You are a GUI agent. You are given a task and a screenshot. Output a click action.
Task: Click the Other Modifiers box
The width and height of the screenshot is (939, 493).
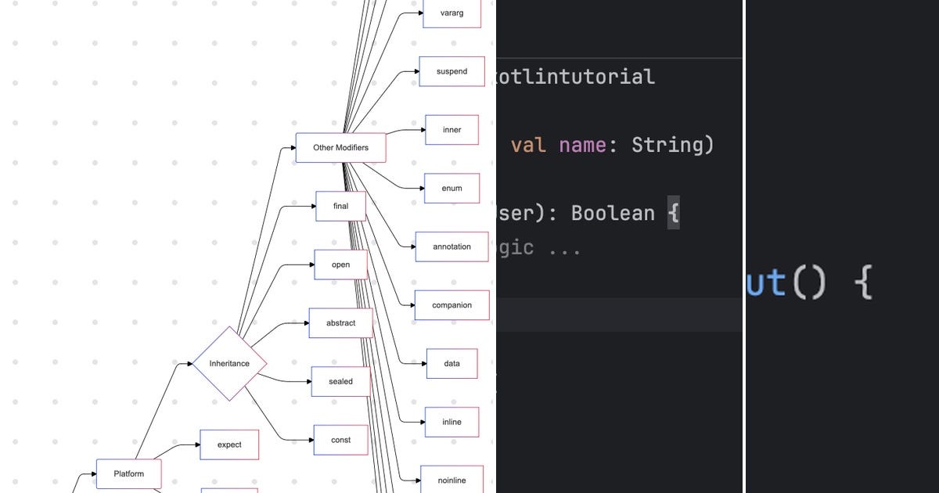point(340,147)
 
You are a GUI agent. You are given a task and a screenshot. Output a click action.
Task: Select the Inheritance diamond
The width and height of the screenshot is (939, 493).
point(229,364)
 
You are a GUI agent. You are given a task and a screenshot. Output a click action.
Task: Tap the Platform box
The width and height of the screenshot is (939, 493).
point(129,473)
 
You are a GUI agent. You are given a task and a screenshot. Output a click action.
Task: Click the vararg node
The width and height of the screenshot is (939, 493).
point(452,13)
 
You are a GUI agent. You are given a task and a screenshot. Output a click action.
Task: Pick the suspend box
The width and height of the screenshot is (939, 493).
point(452,71)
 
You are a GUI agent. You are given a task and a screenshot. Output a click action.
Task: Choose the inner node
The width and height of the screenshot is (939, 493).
point(452,130)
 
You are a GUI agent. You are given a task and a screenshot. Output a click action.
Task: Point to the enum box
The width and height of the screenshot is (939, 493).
point(452,188)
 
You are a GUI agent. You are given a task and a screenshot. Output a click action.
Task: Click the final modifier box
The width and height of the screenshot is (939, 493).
point(340,206)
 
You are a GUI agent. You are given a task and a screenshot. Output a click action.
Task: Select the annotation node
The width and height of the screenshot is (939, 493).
point(452,246)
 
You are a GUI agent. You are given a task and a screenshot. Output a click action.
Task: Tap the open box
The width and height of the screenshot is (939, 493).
point(340,264)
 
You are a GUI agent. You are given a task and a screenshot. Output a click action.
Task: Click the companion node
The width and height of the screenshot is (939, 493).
point(452,305)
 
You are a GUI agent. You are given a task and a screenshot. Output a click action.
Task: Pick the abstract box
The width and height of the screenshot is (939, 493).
point(340,323)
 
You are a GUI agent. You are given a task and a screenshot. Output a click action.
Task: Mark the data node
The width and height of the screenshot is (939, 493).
point(452,363)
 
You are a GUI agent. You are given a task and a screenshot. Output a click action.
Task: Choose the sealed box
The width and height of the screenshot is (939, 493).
point(340,382)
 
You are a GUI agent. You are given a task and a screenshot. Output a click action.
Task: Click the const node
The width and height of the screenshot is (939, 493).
point(340,440)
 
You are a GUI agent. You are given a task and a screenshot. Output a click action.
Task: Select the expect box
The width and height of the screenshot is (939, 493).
point(229,444)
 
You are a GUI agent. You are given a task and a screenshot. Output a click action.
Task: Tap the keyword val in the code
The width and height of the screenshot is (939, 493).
point(528,145)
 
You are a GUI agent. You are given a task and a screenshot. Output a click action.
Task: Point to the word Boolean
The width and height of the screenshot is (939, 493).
point(612,213)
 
